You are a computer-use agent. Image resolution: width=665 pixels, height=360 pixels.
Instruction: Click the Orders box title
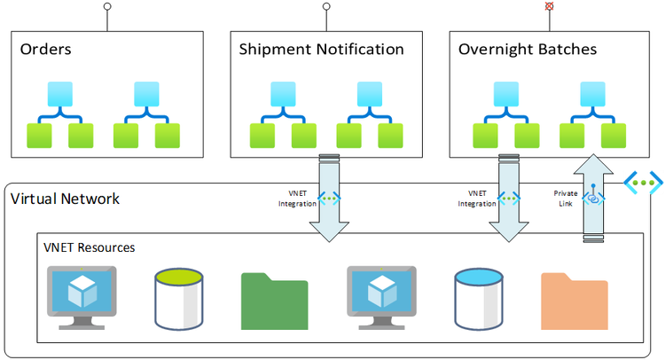point(45,50)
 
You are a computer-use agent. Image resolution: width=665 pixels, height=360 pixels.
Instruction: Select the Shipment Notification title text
point(321,50)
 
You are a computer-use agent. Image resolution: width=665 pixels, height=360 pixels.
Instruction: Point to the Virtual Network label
point(65,198)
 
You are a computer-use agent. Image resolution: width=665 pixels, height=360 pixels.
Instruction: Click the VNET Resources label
point(89,247)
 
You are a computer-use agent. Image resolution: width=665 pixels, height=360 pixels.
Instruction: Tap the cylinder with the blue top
point(480,297)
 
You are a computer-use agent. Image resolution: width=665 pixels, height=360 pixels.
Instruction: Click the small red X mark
point(550,5)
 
